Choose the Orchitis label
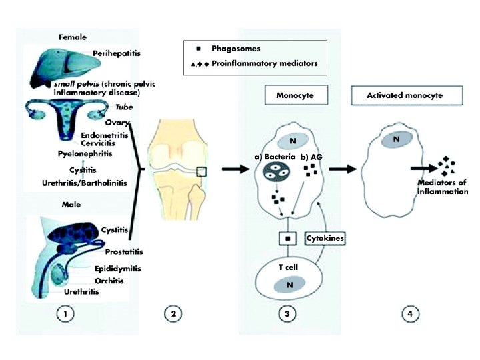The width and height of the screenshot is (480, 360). [105, 281]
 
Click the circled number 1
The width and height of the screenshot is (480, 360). [65, 313]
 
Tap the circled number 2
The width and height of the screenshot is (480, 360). [173, 313]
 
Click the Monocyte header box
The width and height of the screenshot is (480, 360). [295, 95]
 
